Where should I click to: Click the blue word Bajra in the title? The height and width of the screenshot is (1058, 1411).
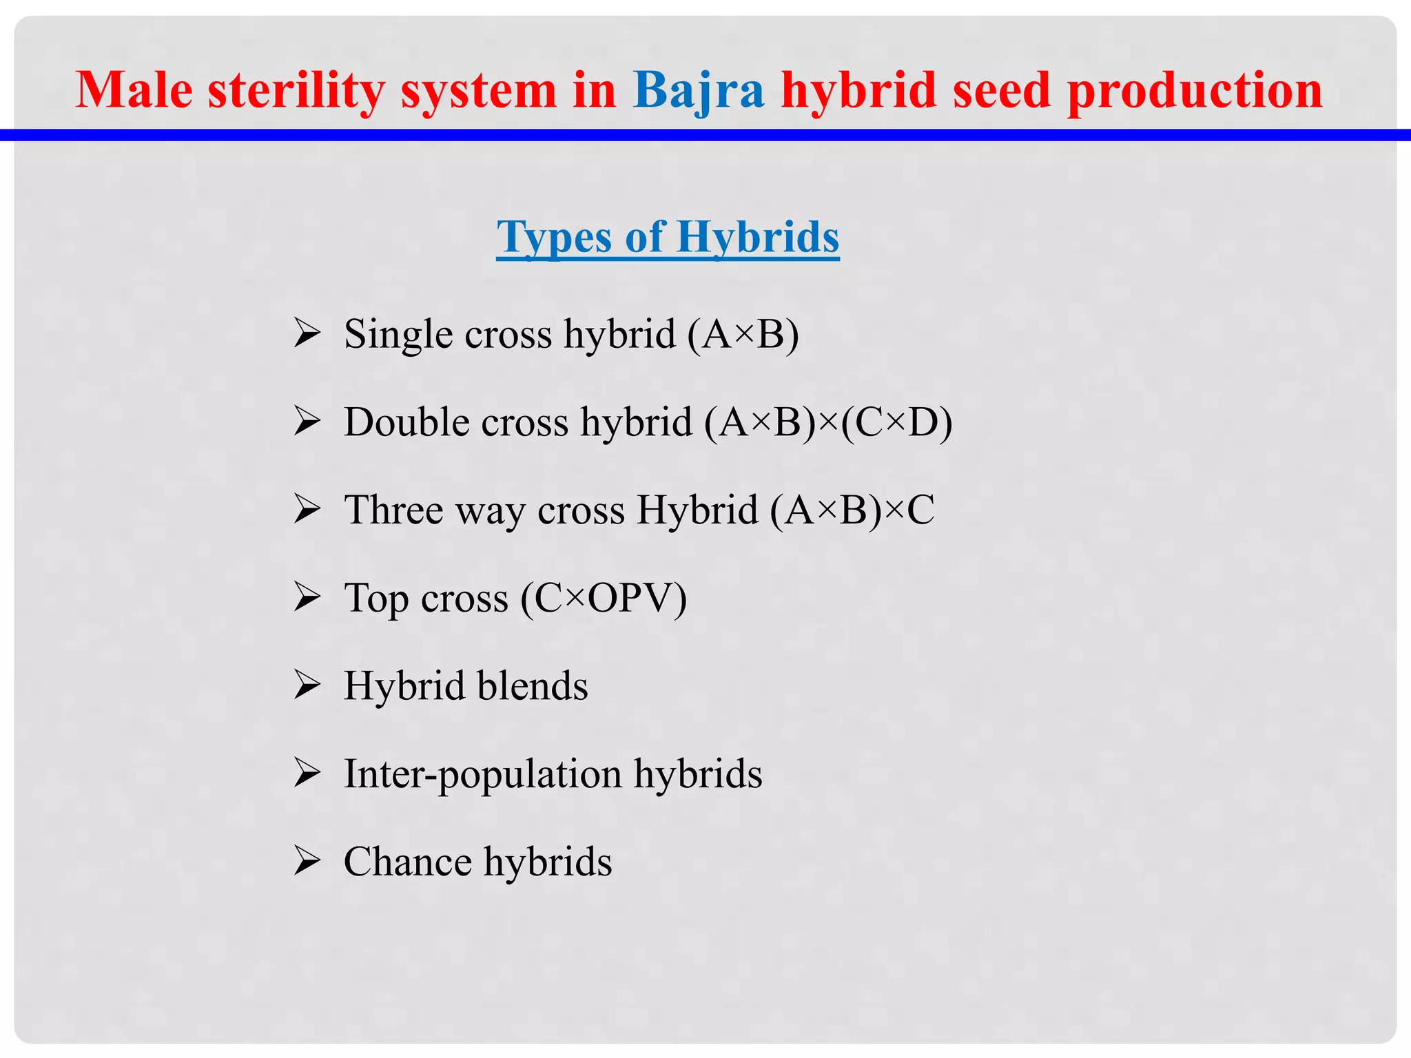(x=698, y=91)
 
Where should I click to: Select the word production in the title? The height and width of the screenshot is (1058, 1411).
(x=1195, y=91)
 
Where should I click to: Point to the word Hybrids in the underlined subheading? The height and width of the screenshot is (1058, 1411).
(x=757, y=237)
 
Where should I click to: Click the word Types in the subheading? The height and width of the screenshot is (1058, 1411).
(x=554, y=238)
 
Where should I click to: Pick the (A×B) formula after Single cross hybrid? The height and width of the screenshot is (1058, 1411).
(x=743, y=335)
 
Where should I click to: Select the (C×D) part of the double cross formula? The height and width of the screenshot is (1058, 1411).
(x=896, y=422)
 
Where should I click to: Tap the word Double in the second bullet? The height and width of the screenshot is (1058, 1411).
(x=402, y=422)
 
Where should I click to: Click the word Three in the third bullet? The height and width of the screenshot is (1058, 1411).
(x=393, y=510)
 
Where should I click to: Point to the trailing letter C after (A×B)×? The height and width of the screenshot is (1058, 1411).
(x=920, y=510)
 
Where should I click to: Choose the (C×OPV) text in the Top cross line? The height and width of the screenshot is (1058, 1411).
(x=604, y=598)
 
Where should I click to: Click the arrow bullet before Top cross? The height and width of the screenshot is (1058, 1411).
(x=307, y=597)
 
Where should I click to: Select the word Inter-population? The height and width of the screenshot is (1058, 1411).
(x=482, y=774)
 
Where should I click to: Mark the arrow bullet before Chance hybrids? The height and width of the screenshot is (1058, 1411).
(x=307, y=860)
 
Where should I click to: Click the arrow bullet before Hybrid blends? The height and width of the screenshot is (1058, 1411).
(x=307, y=685)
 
